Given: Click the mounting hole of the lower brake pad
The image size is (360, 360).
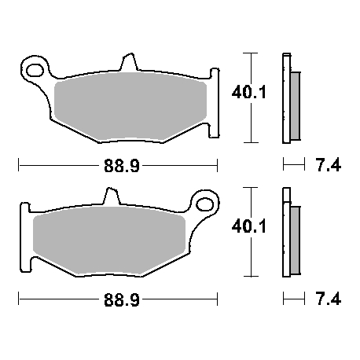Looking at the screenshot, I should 206,205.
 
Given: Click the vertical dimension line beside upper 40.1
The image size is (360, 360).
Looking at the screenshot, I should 249,97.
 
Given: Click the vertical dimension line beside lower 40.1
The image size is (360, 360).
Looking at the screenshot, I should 249,233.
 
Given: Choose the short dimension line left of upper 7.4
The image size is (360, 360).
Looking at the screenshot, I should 292,165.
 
